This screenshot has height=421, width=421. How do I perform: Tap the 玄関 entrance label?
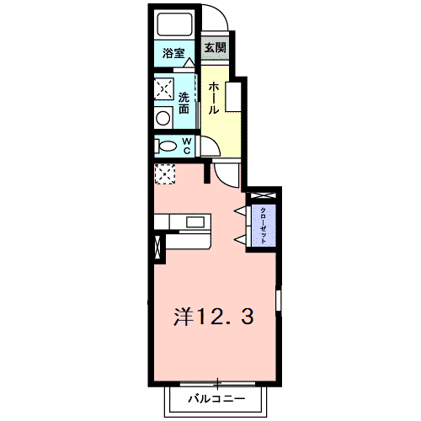point(214,48)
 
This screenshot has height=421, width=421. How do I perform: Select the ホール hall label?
point(214,98)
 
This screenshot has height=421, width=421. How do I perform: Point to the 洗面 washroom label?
point(184,102)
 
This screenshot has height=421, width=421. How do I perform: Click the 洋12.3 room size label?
point(214,317)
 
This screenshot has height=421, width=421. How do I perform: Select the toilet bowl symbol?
point(163,147)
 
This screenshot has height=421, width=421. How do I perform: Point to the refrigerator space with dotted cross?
point(164,174)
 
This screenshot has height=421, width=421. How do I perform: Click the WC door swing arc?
point(208,148)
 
